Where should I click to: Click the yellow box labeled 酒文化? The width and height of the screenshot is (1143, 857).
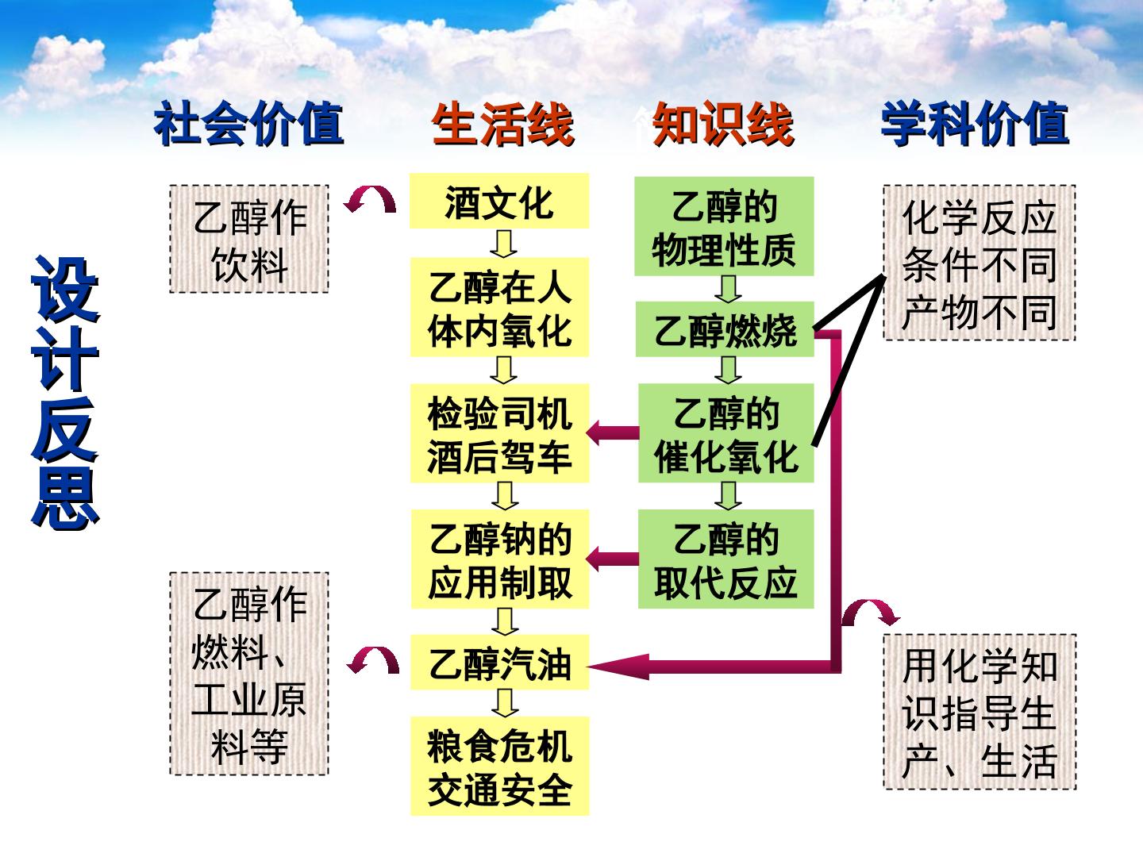(x=498, y=201)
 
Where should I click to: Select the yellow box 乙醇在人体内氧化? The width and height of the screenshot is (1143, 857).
(x=499, y=307)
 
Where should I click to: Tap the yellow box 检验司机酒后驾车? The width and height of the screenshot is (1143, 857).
(x=499, y=433)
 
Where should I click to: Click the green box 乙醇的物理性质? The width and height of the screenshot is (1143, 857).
(x=724, y=226)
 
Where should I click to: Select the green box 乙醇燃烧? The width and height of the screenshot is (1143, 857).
(x=725, y=329)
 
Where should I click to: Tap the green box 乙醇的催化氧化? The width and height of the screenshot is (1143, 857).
(x=726, y=433)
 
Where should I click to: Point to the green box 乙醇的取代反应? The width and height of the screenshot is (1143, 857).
(x=726, y=559)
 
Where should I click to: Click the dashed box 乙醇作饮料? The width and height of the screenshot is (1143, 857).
(x=249, y=239)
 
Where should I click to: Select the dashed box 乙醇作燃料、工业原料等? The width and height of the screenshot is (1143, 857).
(x=249, y=674)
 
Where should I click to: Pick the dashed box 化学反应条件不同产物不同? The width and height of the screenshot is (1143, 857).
(x=979, y=263)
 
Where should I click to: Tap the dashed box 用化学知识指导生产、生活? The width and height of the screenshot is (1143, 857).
(x=979, y=712)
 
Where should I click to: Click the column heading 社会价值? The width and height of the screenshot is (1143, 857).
(x=249, y=124)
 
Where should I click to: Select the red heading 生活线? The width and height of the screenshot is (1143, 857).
(x=503, y=124)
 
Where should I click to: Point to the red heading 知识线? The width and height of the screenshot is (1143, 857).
(x=724, y=124)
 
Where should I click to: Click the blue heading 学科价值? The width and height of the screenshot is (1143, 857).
(x=975, y=124)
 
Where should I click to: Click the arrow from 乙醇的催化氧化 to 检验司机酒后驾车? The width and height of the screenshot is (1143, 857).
(x=613, y=433)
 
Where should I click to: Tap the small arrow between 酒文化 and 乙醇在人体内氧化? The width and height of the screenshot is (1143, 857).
(x=503, y=244)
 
